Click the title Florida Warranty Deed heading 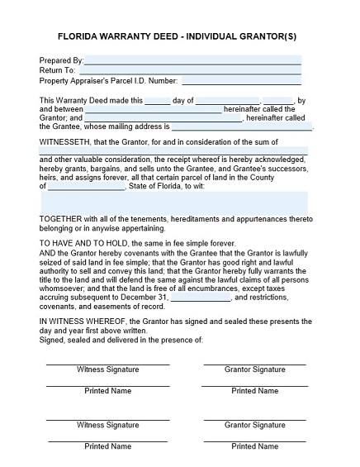(179, 37)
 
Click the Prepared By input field (192, 60)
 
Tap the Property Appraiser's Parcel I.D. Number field (241, 81)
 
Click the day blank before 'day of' (157, 101)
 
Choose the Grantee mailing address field (242, 127)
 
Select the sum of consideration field (173, 150)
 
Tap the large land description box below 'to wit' (173, 203)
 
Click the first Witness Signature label (107, 369)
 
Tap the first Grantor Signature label (255, 369)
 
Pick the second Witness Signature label (107, 425)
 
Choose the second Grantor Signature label (255, 425)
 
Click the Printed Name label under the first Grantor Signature (255, 391)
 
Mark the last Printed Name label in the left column (107, 446)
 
